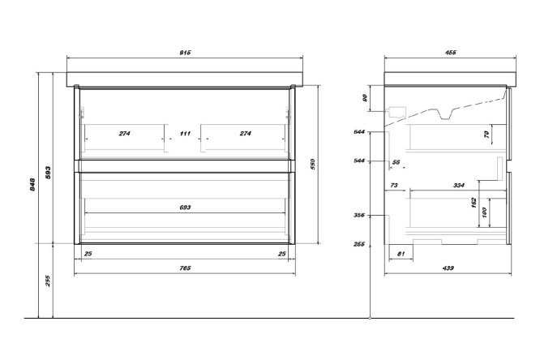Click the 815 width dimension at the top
(185, 53)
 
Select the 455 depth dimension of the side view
(450, 53)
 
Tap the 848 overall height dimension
(32, 184)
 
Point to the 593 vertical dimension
(48, 172)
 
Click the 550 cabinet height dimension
(313, 165)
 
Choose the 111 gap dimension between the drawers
(185, 133)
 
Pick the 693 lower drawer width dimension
(185, 208)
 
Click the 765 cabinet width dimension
(185, 268)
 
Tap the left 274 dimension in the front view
(124, 133)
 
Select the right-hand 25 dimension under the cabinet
(281, 254)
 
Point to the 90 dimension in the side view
(365, 98)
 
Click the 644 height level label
(359, 132)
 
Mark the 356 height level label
(359, 216)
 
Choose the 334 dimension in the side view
(459, 186)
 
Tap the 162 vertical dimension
(474, 202)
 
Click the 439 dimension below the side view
(448, 268)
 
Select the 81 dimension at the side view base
(401, 254)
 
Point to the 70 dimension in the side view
(486, 134)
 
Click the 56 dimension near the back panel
(396, 162)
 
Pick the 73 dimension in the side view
(393, 186)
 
